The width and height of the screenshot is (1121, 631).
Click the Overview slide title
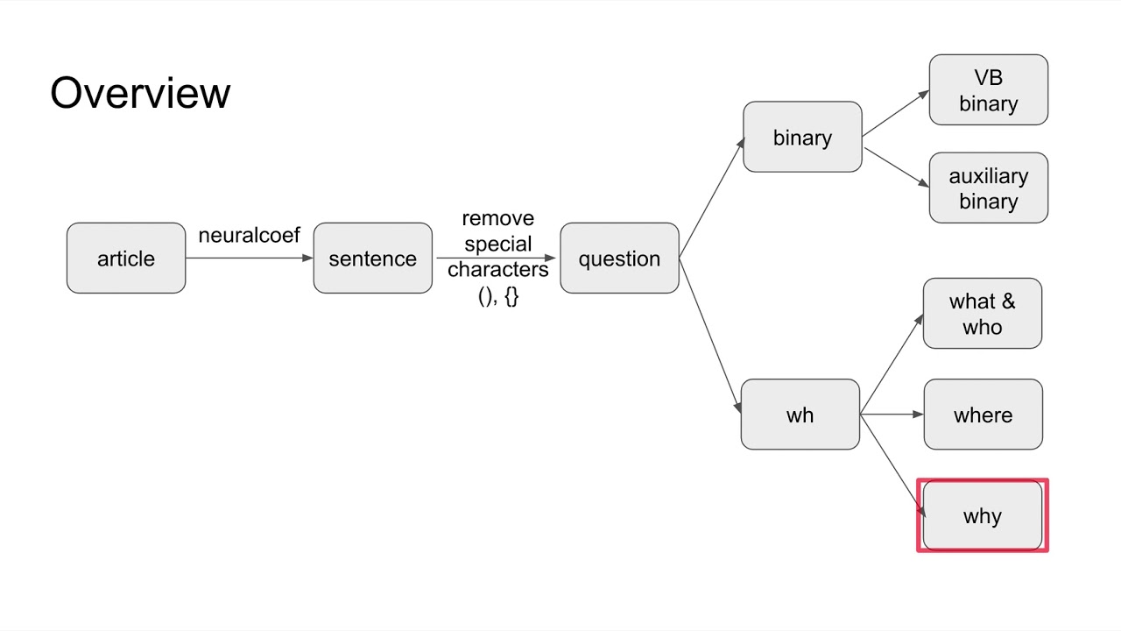click(140, 93)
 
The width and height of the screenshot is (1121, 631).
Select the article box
click(126, 258)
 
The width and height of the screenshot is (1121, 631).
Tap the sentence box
click(372, 258)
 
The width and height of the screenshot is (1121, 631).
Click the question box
click(619, 258)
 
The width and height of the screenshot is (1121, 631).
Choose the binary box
click(802, 137)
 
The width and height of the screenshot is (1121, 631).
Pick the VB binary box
click(988, 90)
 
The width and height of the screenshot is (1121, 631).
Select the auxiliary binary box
click(988, 188)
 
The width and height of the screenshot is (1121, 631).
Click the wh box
click(800, 415)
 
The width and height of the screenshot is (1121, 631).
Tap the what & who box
click(982, 314)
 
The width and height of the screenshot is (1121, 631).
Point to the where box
click(983, 415)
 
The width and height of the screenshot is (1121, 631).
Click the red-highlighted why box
click(982, 516)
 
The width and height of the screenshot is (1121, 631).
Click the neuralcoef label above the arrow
click(249, 235)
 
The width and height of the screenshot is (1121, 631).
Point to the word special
click(497, 244)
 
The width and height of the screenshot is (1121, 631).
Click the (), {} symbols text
click(497, 296)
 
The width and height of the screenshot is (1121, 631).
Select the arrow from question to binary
click(711, 198)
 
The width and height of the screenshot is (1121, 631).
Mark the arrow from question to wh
click(710, 335)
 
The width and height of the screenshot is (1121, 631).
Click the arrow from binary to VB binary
click(895, 113)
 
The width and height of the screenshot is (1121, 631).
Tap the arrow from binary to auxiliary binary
click(896, 167)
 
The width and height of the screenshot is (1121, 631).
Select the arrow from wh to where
click(892, 415)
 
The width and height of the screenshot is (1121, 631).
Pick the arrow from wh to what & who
click(892, 364)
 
